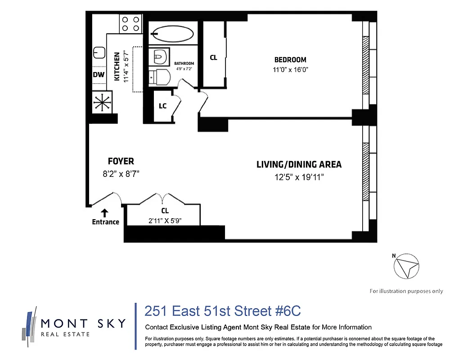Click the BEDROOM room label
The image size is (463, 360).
pos(290,59)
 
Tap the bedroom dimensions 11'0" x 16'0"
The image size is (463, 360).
pos(290,70)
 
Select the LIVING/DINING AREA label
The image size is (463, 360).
pos(299,164)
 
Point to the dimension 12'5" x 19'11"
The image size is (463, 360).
pos(299,177)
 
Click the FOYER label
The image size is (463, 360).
pos(121,161)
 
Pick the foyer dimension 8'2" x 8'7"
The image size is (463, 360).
pos(121,174)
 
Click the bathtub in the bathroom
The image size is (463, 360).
pos(172,34)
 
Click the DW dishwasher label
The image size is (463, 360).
pos(99,75)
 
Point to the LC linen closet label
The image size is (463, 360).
pos(163,106)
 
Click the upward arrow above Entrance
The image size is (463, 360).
pos(105,212)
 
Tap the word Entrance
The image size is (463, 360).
pos(105,222)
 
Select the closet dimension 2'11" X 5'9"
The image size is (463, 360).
pos(165,220)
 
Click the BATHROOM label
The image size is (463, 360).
pos(184,63)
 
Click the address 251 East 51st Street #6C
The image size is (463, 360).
pos(222,311)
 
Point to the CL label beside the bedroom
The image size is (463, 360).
pos(213,58)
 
